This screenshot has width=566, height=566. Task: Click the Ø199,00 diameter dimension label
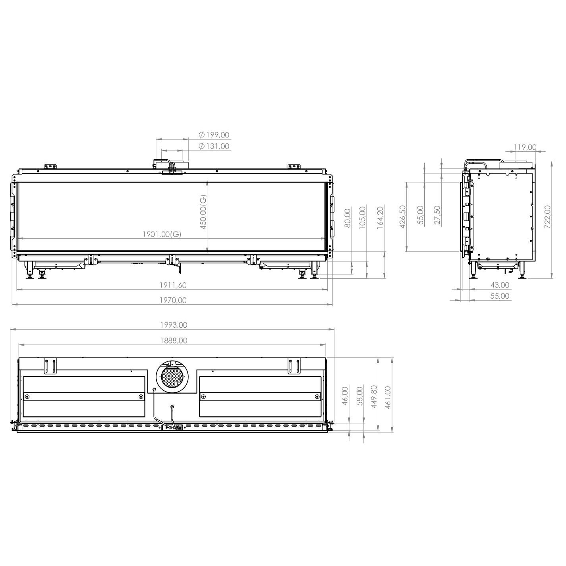214,135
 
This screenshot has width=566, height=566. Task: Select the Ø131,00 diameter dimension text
214,146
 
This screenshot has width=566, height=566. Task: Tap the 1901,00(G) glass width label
162,234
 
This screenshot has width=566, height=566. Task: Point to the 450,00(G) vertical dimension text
203,212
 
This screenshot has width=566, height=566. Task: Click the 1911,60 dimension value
173,285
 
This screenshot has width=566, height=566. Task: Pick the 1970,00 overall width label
173,300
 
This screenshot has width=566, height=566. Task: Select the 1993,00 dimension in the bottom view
174,325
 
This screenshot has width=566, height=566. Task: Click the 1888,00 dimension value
174,340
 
